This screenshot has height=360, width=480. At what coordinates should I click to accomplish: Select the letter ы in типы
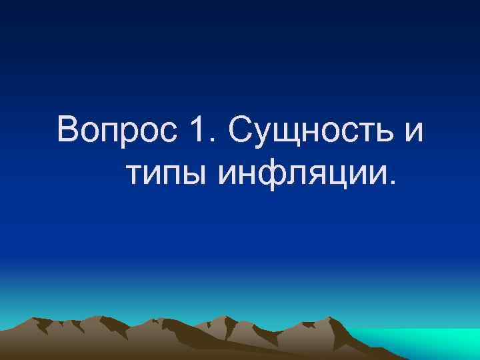point(193,175)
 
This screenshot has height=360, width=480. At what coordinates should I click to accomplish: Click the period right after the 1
point(213,141)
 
